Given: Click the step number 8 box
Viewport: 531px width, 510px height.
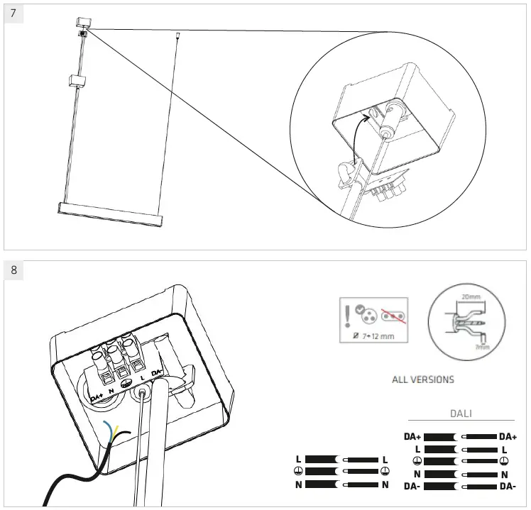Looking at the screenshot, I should click(13, 270).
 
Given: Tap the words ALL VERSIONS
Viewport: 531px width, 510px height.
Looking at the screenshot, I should click(422, 379).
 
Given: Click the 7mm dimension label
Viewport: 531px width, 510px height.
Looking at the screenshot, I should click(482, 348).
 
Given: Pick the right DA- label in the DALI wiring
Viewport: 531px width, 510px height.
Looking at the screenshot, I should click(508, 486).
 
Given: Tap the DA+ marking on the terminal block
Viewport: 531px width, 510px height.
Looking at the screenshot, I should click(97, 395).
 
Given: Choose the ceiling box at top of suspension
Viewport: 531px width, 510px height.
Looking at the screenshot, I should click(82, 23).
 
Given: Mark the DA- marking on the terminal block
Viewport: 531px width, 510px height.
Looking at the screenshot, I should click(158, 372).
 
